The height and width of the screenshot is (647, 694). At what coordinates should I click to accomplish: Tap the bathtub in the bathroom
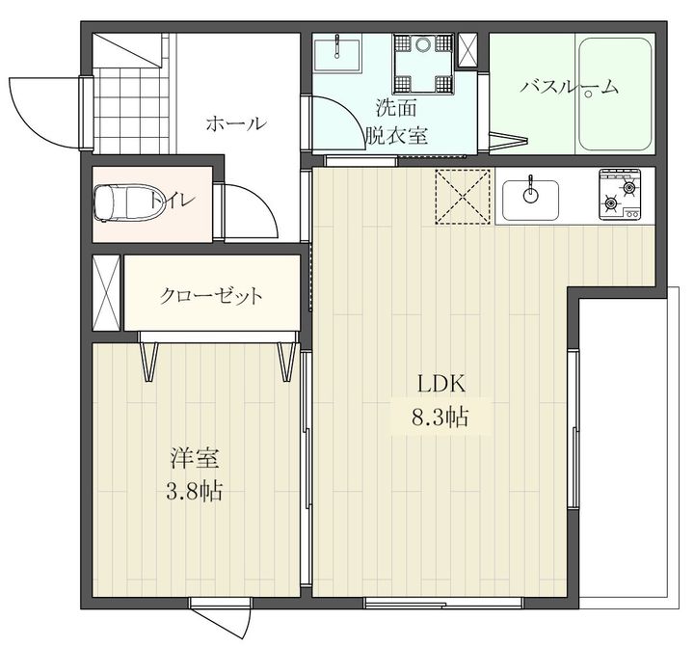click(615, 94)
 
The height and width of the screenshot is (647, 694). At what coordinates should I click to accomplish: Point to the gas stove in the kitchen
click(620, 194)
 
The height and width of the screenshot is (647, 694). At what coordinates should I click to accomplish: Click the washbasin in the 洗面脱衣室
click(337, 54)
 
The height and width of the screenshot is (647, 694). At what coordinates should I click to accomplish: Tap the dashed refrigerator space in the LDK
click(463, 196)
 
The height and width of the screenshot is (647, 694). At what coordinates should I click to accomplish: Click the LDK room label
click(441, 384)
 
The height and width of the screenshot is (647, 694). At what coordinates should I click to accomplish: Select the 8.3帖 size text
click(440, 417)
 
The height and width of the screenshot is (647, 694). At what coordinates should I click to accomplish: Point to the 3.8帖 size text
click(194, 491)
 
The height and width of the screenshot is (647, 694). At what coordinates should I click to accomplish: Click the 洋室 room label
click(195, 458)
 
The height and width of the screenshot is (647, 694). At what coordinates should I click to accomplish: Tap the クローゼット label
click(211, 295)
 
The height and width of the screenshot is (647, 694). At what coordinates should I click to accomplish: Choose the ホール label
click(237, 123)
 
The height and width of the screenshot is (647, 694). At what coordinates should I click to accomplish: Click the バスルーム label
click(569, 87)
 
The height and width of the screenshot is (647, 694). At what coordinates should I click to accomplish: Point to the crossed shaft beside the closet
click(106, 293)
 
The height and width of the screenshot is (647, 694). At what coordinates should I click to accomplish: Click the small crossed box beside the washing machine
click(467, 49)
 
